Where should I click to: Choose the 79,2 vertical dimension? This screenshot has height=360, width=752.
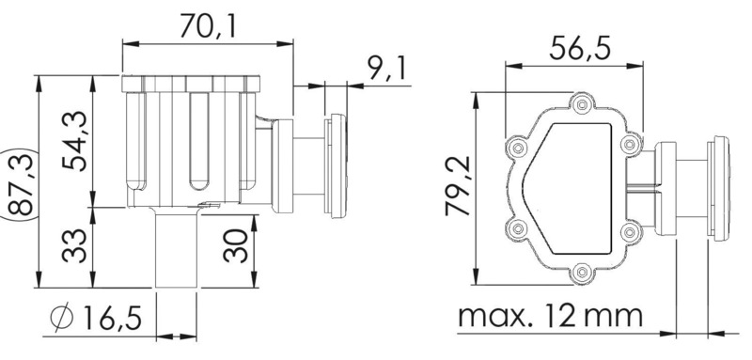[x=460, y=188]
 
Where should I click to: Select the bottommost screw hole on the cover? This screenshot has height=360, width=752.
[x=583, y=272]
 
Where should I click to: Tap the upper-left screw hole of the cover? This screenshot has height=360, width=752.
[x=515, y=147]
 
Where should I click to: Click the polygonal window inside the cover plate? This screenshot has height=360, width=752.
[x=573, y=187]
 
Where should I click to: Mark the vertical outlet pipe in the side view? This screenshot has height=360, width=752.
[x=178, y=249]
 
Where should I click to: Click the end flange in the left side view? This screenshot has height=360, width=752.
[x=335, y=167]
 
